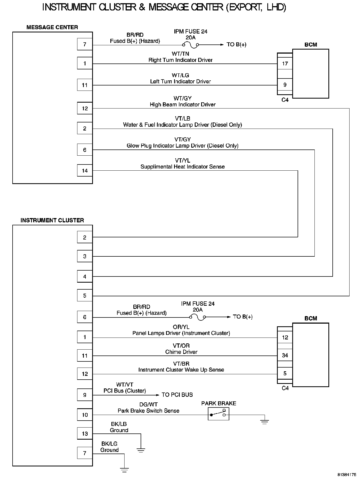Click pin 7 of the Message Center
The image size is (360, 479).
(x=85, y=44)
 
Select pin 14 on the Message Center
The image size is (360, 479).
(x=85, y=171)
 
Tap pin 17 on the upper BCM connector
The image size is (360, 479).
(x=285, y=64)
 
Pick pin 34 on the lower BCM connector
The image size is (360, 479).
(x=285, y=355)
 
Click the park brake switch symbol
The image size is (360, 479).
(x=219, y=414)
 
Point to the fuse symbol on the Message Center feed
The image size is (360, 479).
(x=191, y=45)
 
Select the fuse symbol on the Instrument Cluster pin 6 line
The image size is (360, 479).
(x=198, y=317)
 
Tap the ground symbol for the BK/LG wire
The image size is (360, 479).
(x=124, y=470)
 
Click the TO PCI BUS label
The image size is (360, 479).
(x=177, y=395)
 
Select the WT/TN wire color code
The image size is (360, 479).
(x=180, y=54)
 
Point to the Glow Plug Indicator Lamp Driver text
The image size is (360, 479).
(x=182, y=146)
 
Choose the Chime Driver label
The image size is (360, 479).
(x=181, y=352)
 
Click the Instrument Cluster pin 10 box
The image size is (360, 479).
(x=85, y=415)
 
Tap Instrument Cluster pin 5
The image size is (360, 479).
(x=85, y=296)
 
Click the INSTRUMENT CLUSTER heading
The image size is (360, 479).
(x=52, y=220)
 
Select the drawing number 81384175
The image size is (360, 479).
(x=347, y=474)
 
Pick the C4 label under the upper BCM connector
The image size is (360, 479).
(x=285, y=100)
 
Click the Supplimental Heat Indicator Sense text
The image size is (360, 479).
(x=182, y=167)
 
